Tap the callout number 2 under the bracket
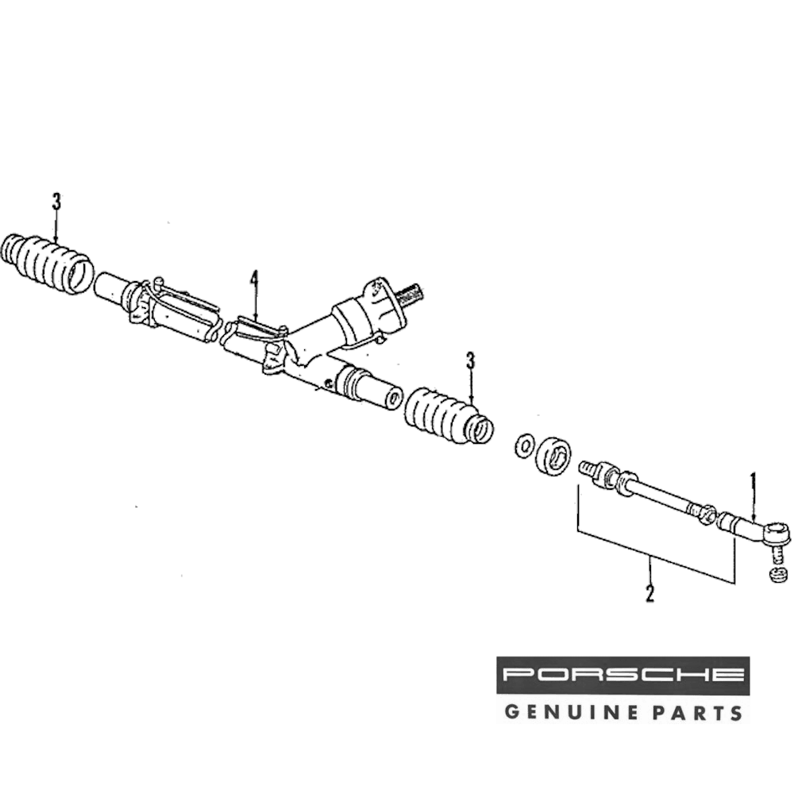coord(649,592)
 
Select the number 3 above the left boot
coord(56,202)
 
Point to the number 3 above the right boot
coord(470,362)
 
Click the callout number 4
coord(254,279)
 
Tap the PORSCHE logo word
coord(623,676)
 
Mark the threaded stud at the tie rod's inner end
coord(588,468)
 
